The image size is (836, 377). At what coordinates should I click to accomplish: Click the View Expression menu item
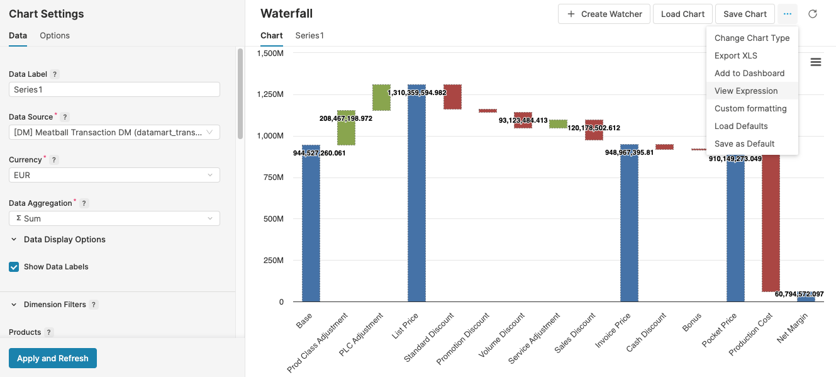click(746, 91)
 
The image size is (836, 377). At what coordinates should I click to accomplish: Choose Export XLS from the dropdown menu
click(735, 55)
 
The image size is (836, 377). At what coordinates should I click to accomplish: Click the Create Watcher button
click(604, 14)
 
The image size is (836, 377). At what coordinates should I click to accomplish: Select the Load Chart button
click(683, 14)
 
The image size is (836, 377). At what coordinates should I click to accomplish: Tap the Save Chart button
click(745, 14)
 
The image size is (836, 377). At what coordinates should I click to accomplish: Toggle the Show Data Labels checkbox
click(14, 267)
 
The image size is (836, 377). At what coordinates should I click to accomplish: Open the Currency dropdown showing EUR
click(114, 175)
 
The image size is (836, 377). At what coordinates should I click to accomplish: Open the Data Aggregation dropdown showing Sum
click(114, 218)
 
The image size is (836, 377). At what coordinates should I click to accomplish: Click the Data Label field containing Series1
click(114, 89)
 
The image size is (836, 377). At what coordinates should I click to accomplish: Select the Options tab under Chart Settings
click(55, 35)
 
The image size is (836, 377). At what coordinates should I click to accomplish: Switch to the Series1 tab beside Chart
click(309, 35)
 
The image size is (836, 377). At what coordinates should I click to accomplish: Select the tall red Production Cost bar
click(771, 220)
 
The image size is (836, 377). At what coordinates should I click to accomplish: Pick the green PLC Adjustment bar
click(381, 98)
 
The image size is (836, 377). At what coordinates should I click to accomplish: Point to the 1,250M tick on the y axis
click(270, 94)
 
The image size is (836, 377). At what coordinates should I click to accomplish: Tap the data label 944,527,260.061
click(319, 153)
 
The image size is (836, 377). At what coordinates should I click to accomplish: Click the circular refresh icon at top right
click(813, 14)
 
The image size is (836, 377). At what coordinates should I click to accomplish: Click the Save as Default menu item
click(744, 143)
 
